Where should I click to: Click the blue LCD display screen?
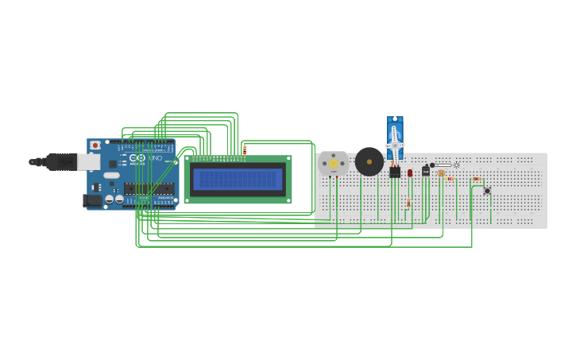[238, 179]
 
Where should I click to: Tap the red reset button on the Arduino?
[95, 145]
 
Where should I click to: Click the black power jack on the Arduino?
[93, 200]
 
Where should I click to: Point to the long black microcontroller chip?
[149, 189]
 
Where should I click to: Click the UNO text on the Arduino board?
[155, 159]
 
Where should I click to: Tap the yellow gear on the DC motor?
[334, 164]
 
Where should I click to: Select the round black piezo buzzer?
[369, 161]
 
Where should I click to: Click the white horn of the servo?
[394, 145]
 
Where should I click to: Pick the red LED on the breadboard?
[410, 172]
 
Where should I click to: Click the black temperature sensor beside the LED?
[426, 171]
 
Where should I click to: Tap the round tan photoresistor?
[441, 172]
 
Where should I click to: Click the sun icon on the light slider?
[456, 165]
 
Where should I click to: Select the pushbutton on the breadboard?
[487, 191]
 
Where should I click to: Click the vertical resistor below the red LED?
[408, 203]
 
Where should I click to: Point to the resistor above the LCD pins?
[245, 149]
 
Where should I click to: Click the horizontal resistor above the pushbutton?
[477, 179]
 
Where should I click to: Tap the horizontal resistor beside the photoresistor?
[450, 179]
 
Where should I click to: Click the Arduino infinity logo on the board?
[137, 158]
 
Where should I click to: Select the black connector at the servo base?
[395, 172]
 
